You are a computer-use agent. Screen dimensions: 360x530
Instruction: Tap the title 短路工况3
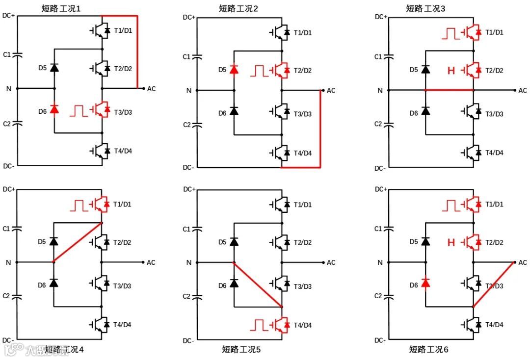coord(425,8)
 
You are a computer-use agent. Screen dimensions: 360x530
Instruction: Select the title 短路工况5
coord(241,349)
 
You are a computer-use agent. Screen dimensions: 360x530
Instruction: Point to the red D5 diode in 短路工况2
coord(234,70)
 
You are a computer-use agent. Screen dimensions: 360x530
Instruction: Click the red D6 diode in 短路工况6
coord(425,283)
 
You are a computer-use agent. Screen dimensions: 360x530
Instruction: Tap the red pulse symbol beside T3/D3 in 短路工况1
coord(79,110)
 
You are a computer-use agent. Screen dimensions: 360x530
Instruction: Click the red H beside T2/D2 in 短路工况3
coord(451,71)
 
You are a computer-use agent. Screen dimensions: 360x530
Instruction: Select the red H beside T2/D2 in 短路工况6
coord(451,242)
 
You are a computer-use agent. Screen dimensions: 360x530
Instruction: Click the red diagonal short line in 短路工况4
coord(78,242)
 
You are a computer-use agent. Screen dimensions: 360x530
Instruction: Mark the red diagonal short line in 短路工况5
coord(258,285)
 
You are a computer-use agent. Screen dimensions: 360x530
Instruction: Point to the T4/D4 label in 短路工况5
coord(302,325)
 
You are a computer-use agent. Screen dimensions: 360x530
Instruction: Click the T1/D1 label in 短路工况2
coord(302,33)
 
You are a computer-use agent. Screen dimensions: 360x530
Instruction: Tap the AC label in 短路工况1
coord(151,89)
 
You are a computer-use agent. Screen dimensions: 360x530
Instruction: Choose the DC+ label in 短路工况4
coord(9,189)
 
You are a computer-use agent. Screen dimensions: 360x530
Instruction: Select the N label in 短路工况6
coord(382,262)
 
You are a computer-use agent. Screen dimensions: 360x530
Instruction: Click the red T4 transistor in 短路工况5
coord(282,324)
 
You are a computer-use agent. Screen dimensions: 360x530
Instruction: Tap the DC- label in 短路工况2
coord(188,167)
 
